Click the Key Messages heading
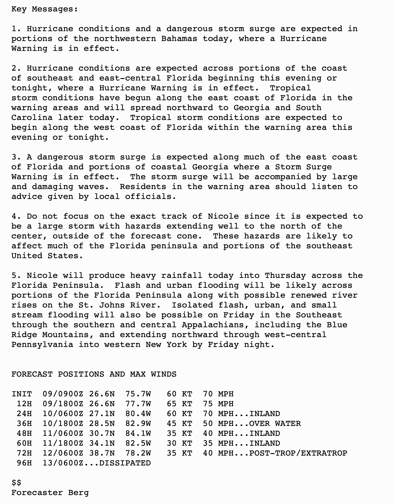click(45, 9)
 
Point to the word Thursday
click(285, 275)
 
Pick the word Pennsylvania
click(42, 345)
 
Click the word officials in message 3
click(151, 196)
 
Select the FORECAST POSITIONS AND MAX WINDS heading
click(94, 374)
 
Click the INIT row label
click(22, 394)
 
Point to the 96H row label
click(24, 463)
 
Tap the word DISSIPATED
click(125, 463)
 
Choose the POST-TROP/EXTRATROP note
click(298, 453)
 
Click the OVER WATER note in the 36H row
click(275, 423)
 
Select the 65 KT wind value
click(179, 404)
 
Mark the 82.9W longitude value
click(138, 423)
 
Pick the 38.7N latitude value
click(102, 453)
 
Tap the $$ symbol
click(16, 483)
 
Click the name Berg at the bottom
click(78, 493)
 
